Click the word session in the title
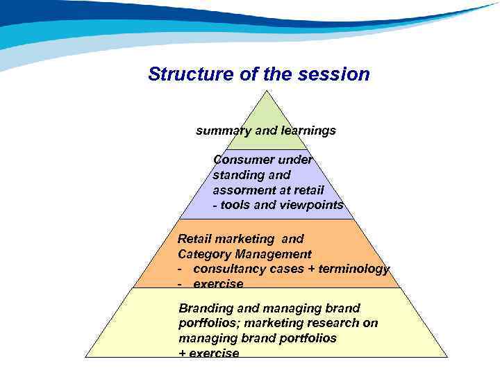[x=334, y=74]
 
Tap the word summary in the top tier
[x=220, y=130]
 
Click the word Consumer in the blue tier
[x=240, y=159]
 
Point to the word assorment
[x=240, y=190]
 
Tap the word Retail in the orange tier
[x=195, y=239]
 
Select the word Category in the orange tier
[x=202, y=254]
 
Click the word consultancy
[x=227, y=269]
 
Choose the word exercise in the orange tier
[x=218, y=283]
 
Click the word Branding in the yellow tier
[x=205, y=308]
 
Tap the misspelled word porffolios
[x=203, y=323]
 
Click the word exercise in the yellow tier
[x=214, y=353]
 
